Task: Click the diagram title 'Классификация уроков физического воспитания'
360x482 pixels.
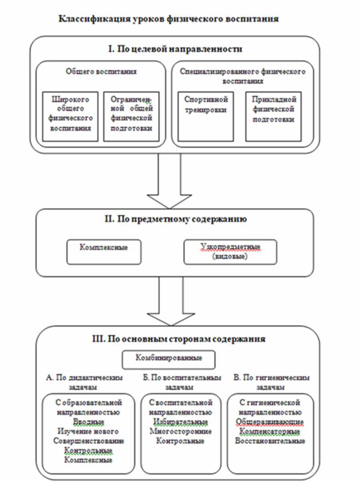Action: point(168,19)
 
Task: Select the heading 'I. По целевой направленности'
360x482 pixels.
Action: point(175,49)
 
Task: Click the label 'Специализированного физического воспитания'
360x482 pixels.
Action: point(243,75)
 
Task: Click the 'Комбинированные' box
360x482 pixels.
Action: point(169,358)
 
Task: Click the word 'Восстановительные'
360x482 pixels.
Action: point(270,441)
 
